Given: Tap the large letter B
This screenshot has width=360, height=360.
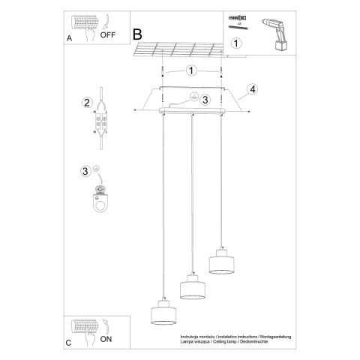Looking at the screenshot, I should coord(137,34).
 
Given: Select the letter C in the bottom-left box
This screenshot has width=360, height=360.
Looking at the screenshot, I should coord(69,342).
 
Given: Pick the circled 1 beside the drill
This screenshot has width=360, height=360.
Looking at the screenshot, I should coord(236,43).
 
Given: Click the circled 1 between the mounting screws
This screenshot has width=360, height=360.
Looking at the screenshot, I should coord(191,71).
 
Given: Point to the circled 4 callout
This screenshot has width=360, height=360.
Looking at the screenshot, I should coord(253,89).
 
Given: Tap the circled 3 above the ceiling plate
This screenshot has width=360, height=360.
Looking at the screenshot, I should coord(205,98).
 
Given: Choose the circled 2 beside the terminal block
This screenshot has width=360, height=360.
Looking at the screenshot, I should coord(87,103).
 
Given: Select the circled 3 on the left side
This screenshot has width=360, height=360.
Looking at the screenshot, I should coord(85,171).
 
